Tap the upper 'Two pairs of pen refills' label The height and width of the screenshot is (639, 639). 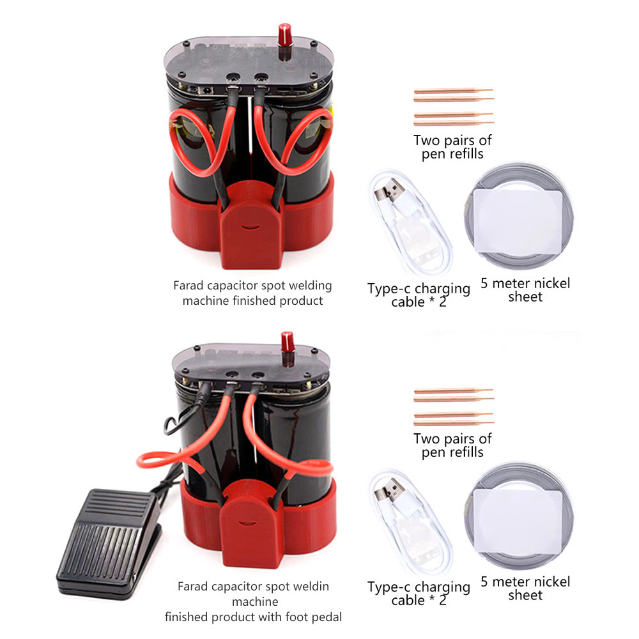tap(452, 147)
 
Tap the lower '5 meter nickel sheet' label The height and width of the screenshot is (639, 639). tap(525, 588)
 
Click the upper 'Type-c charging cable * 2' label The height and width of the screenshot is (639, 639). tap(419, 295)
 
